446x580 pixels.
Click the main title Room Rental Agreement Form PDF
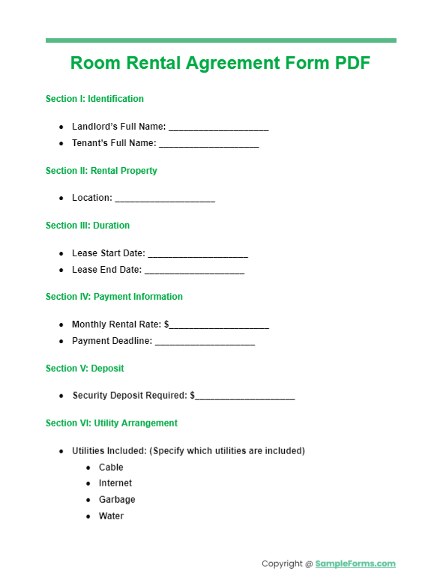(220, 64)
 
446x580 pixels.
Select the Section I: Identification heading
(94, 99)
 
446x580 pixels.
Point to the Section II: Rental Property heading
(101, 171)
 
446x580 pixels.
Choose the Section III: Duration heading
(88, 226)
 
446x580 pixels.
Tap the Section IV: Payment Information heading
(114, 297)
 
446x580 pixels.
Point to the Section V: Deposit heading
(85, 369)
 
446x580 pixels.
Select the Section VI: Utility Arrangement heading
(112, 423)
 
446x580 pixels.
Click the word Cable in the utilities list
(111, 468)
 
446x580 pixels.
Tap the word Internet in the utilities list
(115, 483)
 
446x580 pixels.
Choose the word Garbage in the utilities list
(117, 500)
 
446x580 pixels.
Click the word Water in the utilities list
(111, 516)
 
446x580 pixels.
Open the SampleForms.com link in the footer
(355, 564)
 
